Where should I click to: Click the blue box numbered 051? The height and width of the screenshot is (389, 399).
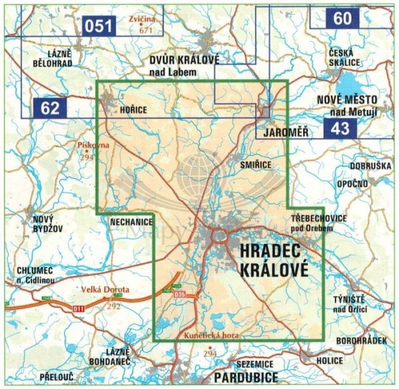(100, 26)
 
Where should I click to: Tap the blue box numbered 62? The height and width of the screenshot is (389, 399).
(50, 107)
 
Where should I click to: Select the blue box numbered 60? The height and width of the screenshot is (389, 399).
(342, 18)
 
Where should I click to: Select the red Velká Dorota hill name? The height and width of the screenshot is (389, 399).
(106, 290)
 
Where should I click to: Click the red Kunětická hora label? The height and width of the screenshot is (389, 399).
(211, 336)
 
